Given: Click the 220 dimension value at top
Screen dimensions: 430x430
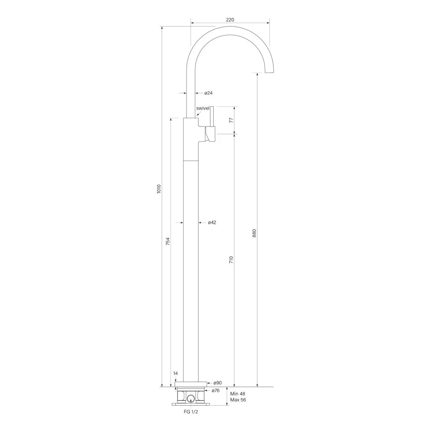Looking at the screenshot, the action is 230,20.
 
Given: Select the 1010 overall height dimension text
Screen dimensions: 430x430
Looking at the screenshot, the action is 159,189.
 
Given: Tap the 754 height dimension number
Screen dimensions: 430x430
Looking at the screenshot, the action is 168,241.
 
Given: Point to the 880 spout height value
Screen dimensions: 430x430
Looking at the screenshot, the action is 254,233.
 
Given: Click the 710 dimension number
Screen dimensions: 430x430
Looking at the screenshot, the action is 231,260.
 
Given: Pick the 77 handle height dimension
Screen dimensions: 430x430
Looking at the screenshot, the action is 231,120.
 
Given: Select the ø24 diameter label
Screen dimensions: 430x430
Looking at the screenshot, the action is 208,93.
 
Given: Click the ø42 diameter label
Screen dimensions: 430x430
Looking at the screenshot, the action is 212,223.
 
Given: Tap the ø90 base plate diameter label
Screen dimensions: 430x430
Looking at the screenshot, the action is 218,383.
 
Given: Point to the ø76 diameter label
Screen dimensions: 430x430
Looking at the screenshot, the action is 215,391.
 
